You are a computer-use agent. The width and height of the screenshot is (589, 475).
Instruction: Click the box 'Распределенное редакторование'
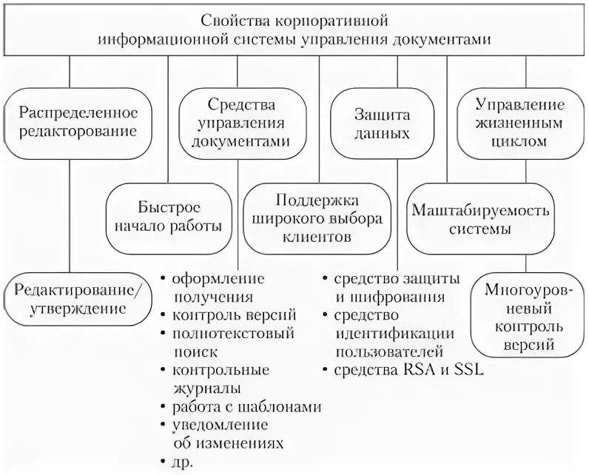coord(78,123)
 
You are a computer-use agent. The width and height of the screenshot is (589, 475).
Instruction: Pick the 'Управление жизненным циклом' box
coord(520,123)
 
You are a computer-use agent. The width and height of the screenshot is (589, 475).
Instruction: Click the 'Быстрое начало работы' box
coord(169,216)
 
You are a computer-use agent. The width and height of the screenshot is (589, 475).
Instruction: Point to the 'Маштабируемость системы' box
coord(481,219)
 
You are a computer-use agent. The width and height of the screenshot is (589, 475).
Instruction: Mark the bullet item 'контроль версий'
coord(235,314)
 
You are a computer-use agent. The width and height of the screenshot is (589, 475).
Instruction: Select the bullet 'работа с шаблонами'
coord(247,406)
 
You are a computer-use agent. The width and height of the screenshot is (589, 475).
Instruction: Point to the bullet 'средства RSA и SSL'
coord(408,370)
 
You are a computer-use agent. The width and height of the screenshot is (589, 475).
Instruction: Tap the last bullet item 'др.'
coord(183,462)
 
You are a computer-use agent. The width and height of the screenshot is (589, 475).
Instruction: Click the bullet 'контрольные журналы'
coord(220,378)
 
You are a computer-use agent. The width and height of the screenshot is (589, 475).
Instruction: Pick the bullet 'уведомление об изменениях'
coord(227,434)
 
